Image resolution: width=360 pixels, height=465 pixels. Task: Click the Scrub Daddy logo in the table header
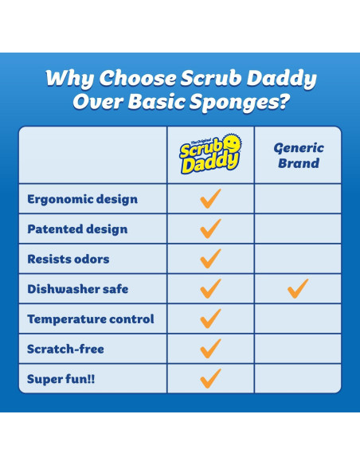[210, 154]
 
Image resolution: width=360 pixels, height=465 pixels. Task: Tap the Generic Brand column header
[298, 155]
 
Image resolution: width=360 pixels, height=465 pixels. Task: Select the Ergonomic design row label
[82, 199]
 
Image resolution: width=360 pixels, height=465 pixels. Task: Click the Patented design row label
[77, 229]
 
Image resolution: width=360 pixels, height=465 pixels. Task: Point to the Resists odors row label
[68, 259]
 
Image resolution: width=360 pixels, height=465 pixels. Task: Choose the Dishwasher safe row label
[78, 289]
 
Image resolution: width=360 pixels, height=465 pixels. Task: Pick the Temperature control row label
[91, 318]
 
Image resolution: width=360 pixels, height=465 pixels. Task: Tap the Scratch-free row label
[65, 349]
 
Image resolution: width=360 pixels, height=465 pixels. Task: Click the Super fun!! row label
[61, 378]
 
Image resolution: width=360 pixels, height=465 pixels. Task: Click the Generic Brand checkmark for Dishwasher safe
[298, 288]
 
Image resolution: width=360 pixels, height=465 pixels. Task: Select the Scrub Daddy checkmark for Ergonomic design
[210, 198]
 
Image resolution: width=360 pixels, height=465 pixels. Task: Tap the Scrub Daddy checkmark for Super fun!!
[210, 377]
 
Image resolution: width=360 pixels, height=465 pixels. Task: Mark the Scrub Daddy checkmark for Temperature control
[210, 318]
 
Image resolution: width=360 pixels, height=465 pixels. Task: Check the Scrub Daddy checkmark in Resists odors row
[210, 258]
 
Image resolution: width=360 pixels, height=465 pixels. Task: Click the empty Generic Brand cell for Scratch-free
[298, 349]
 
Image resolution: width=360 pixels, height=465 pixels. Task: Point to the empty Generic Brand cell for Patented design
[298, 229]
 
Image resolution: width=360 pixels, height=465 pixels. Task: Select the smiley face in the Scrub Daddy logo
[233, 143]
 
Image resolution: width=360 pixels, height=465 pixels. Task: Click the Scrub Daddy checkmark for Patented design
[210, 229]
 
